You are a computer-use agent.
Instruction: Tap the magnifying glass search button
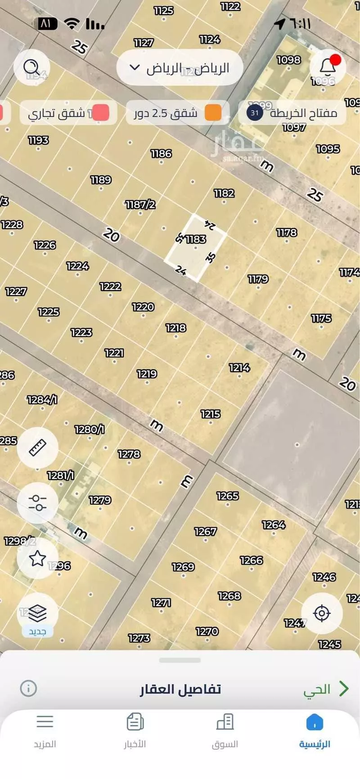point(31,67)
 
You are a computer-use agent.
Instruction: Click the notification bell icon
point(328,67)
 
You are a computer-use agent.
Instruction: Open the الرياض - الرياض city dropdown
point(180,68)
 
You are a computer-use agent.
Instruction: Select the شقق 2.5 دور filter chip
point(177,113)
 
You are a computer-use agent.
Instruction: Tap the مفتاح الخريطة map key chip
point(292,112)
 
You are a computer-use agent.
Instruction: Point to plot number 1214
point(239,368)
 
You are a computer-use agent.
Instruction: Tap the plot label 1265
point(227,496)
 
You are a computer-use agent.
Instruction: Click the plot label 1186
point(161,154)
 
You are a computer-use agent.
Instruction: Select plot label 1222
point(110,287)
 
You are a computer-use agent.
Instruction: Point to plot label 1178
point(287,233)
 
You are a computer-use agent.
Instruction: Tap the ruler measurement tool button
point(37,448)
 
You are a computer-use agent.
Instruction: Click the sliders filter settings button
point(37,503)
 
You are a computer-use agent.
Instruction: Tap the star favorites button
point(37,558)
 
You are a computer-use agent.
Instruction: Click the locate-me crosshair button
point(322,613)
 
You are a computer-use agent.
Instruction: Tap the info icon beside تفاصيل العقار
point(28,688)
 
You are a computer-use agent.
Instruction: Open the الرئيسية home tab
point(315,730)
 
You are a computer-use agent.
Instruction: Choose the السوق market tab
point(225,730)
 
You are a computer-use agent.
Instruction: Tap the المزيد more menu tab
point(45,730)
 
